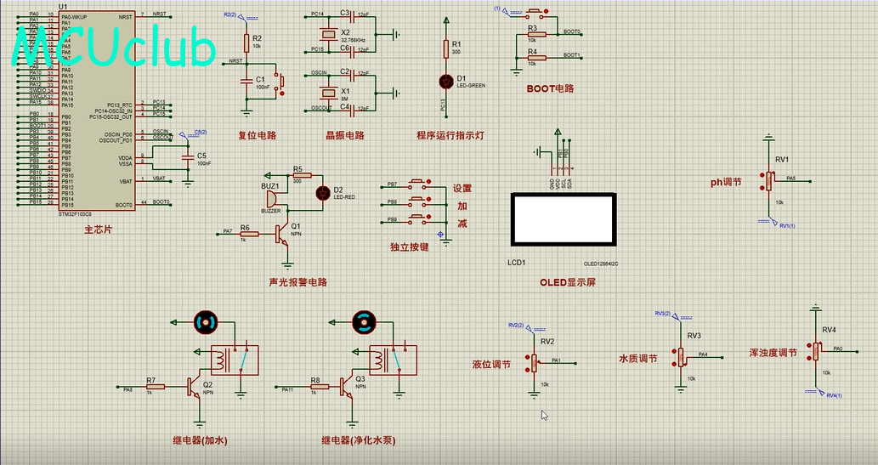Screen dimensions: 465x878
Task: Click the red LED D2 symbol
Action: tap(322, 192)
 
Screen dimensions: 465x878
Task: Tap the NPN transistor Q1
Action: tap(282, 237)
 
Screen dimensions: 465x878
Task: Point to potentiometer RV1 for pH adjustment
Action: tap(768, 180)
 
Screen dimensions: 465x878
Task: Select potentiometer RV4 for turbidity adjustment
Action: tap(815, 350)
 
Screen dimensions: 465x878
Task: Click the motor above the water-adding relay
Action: tap(206, 322)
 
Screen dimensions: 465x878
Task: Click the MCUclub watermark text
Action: tap(115, 49)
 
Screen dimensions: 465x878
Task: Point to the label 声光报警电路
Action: tap(297, 282)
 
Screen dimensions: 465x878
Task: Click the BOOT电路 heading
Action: tap(550, 88)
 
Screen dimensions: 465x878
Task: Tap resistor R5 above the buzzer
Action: tap(297, 175)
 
